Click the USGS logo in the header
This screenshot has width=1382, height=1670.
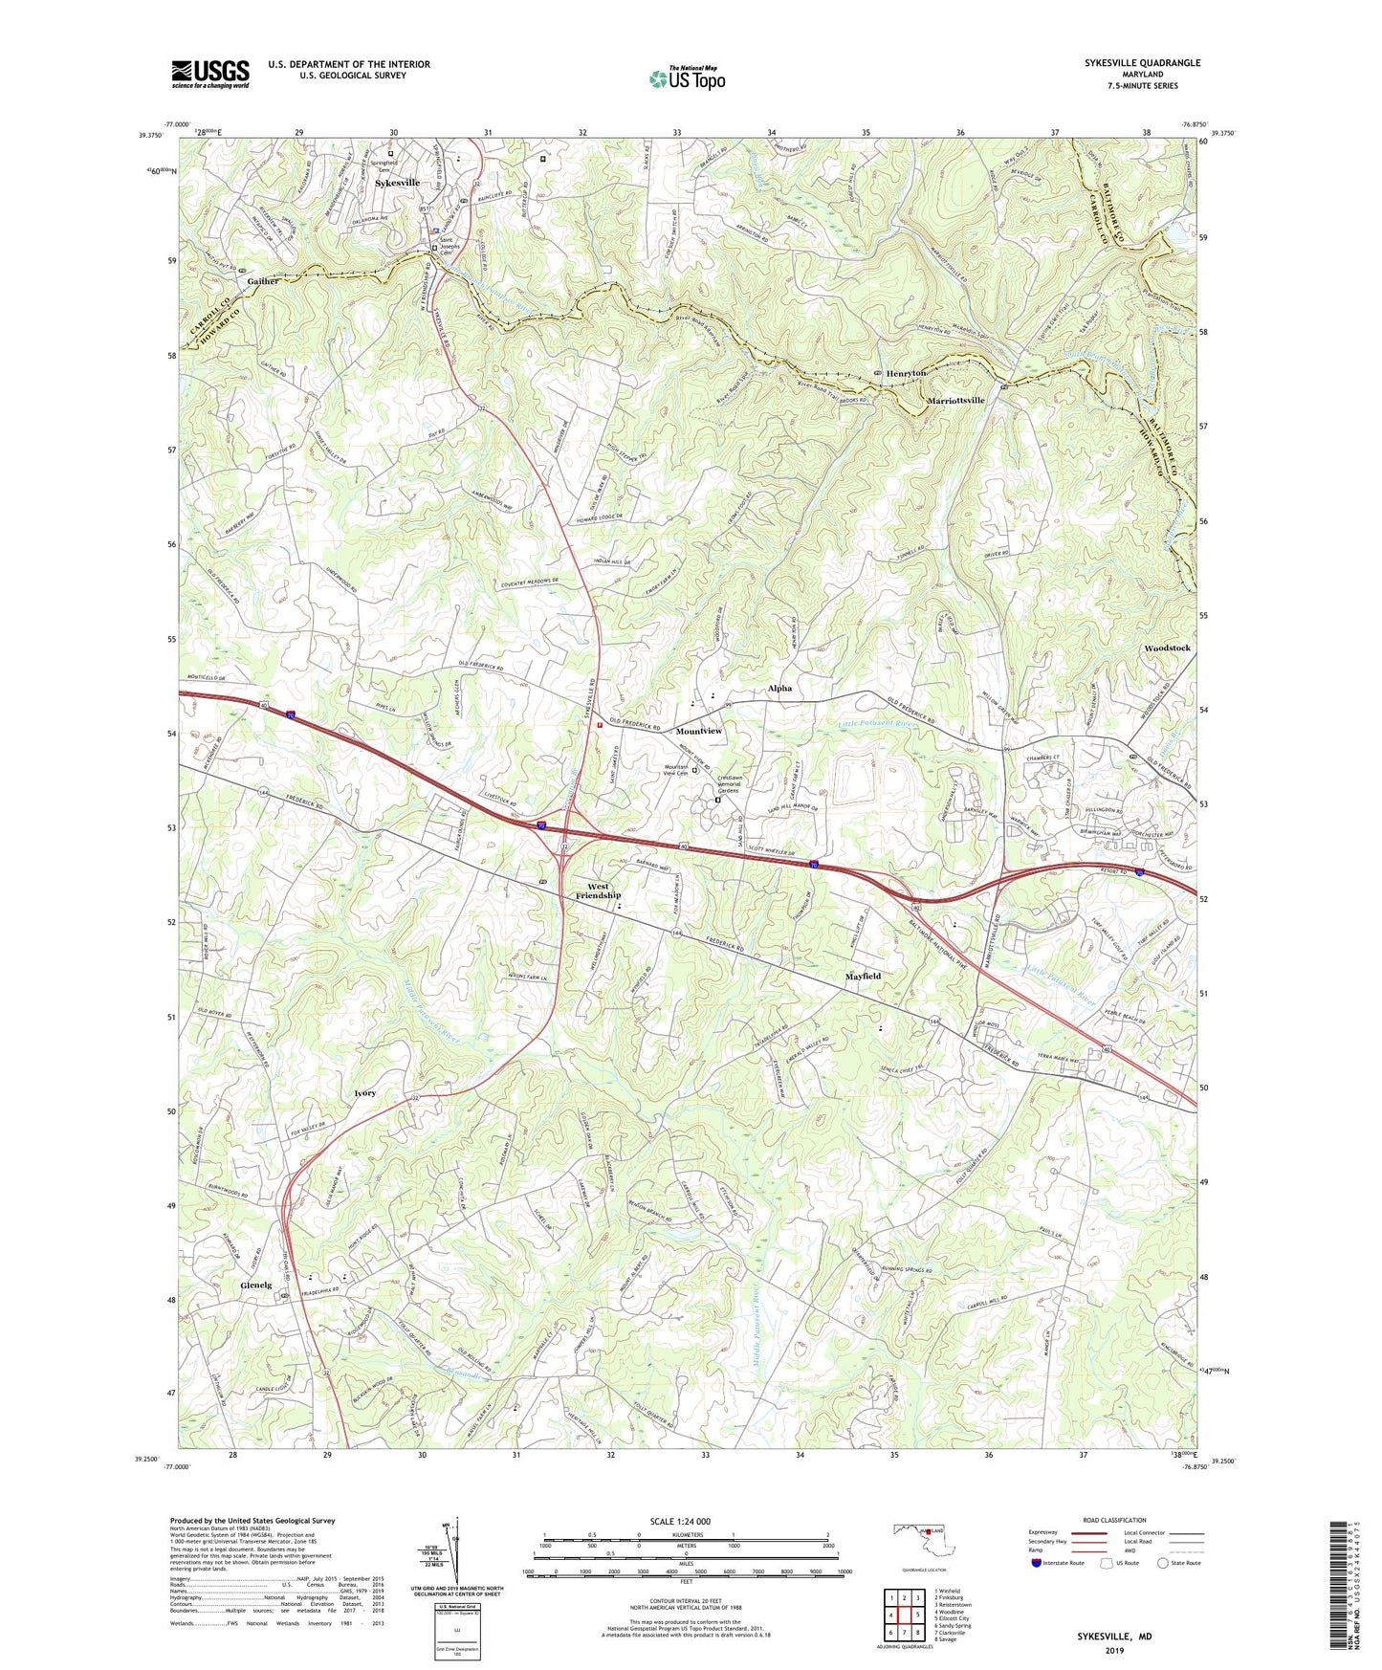[x=209, y=74]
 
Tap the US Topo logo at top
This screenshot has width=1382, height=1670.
[x=686, y=78]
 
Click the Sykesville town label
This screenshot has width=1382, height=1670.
[x=397, y=183]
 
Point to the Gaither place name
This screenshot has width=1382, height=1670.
[x=263, y=281]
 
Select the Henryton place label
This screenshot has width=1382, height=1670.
[x=906, y=373]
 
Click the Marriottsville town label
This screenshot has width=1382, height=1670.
[x=955, y=401]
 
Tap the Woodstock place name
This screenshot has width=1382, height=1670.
[x=1167, y=648]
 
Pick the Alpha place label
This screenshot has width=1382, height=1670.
[x=779, y=689]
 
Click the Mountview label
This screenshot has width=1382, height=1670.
[x=699, y=731]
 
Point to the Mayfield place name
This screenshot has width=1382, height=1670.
[x=863, y=977]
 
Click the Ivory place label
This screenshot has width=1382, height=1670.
[x=364, y=1092]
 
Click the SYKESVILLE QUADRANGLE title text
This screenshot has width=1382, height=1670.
[x=1142, y=63]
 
